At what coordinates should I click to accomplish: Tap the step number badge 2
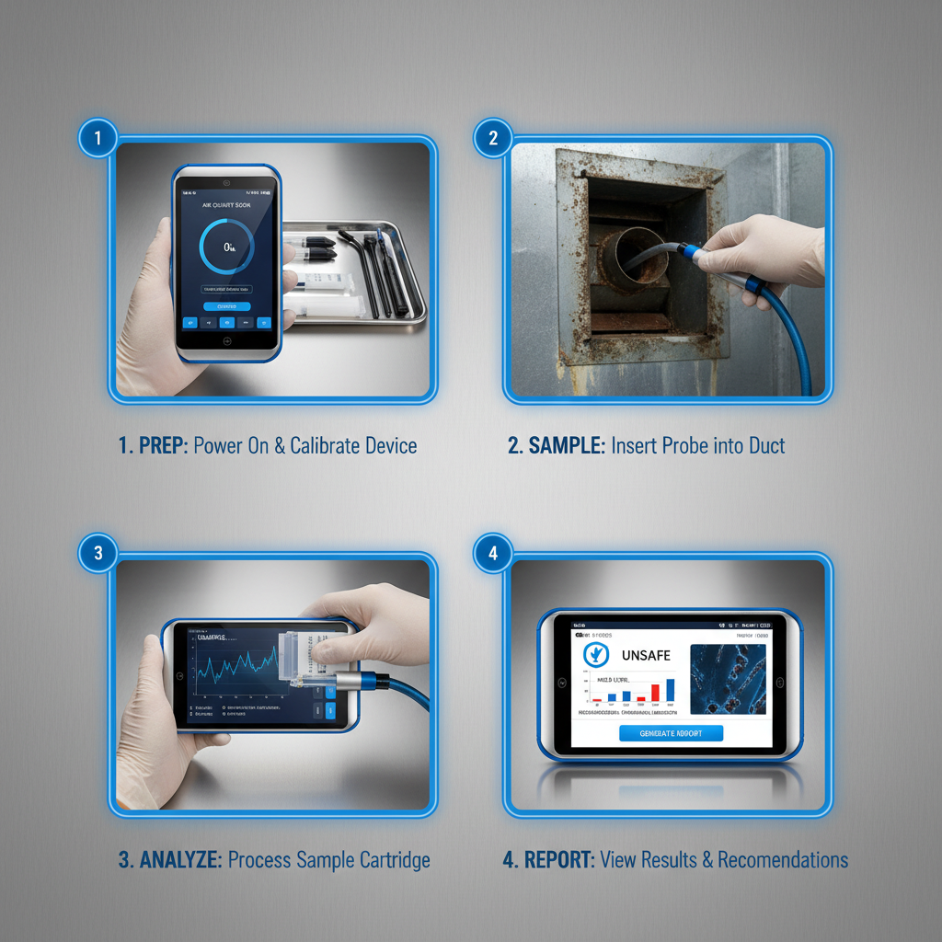[493, 139]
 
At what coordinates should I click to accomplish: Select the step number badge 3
[98, 553]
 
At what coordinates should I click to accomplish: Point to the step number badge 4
[493, 553]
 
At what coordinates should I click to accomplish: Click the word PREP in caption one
[163, 446]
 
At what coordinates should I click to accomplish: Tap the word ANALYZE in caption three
[180, 860]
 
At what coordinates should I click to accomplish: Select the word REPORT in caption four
[559, 860]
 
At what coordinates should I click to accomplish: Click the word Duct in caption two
[765, 446]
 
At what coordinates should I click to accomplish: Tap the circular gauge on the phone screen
[226, 246]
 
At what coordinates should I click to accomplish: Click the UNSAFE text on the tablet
[646, 655]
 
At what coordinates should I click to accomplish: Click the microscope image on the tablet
[728, 679]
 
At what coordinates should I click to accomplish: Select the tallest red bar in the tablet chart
[655, 692]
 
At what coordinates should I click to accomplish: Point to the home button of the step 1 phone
[225, 339]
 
